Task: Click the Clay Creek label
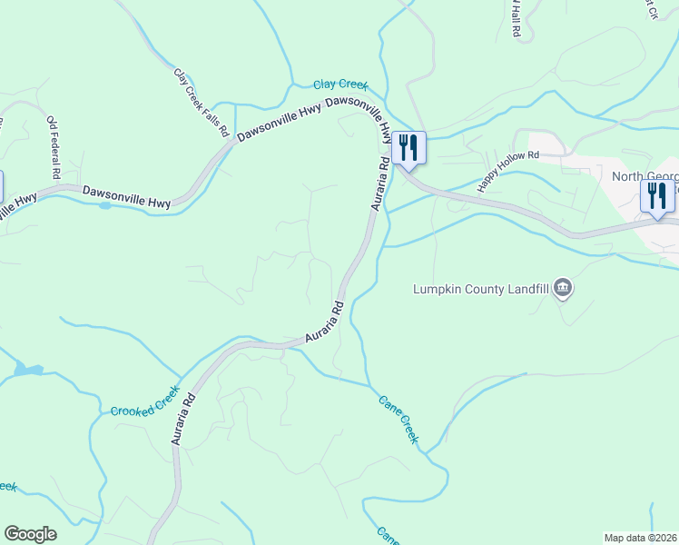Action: coord(340,84)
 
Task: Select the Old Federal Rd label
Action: coord(54,146)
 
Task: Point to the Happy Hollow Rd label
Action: coord(509,169)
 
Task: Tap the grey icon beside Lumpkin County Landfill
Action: coord(563,289)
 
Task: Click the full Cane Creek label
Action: coord(399,418)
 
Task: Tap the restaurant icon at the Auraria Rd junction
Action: coord(408,147)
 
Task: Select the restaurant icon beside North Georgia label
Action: coord(656,195)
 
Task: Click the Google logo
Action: coord(30,534)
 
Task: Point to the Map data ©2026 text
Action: coord(640,538)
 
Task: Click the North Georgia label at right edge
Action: coord(645,176)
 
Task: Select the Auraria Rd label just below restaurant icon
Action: coord(380,185)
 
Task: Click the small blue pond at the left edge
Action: coord(27,370)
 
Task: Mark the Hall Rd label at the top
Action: coord(515,18)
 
